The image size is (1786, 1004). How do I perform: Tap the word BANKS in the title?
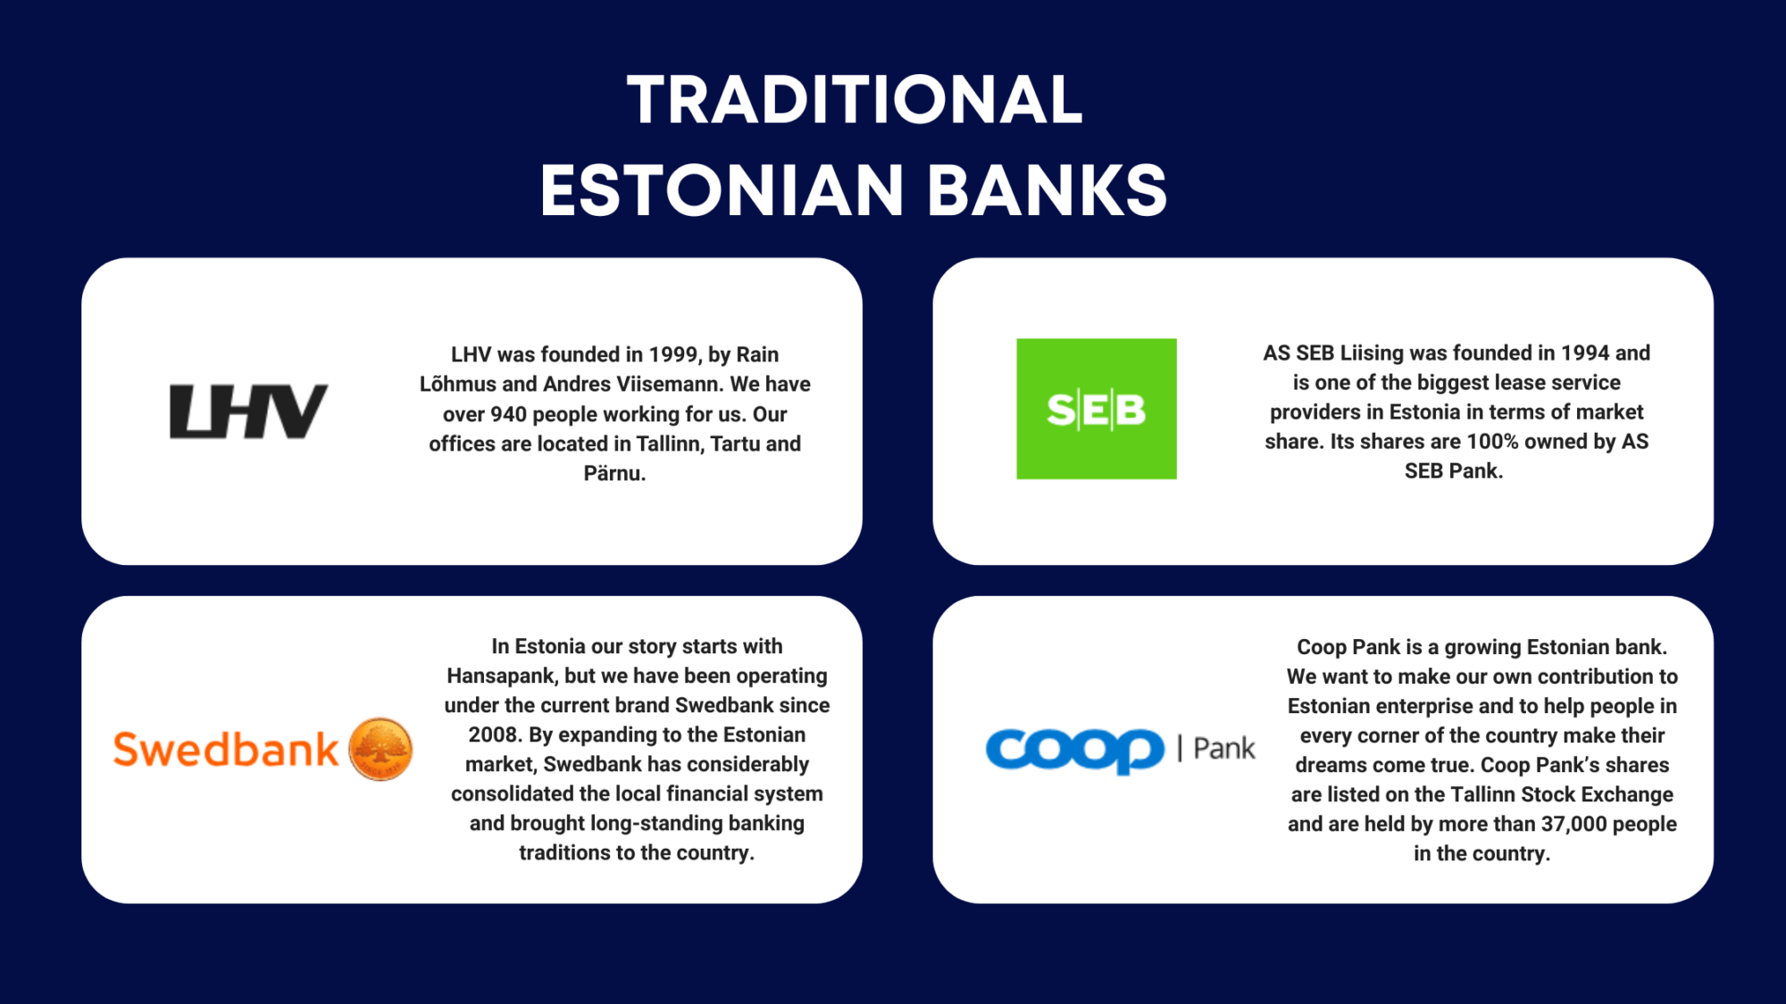pyautogui.click(x=1047, y=190)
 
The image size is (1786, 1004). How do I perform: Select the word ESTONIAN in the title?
pyautogui.click(x=722, y=190)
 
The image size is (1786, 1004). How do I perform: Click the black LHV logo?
pyautogui.click(x=248, y=411)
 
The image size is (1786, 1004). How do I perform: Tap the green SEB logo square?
pyautogui.click(x=1096, y=409)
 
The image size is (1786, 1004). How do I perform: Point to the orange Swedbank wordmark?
pyautogui.click(x=226, y=750)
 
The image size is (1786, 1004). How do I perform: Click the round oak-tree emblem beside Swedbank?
pyautogui.click(x=380, y=749)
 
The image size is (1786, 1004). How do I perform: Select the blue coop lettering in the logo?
pyautogui.click(x=1074, y=751)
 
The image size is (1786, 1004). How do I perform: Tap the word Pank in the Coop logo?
pyautogui.click(x=1224, y=748)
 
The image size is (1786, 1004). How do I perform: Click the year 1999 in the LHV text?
pyautogui.click(x=673, y=354)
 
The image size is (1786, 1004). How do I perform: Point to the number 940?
pyautogui.click(x=508, y=414)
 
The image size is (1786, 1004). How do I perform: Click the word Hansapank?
pyautogui.click(x=501, y=676)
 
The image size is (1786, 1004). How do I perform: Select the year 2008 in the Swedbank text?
pyautogui.click(x=493, y=734)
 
